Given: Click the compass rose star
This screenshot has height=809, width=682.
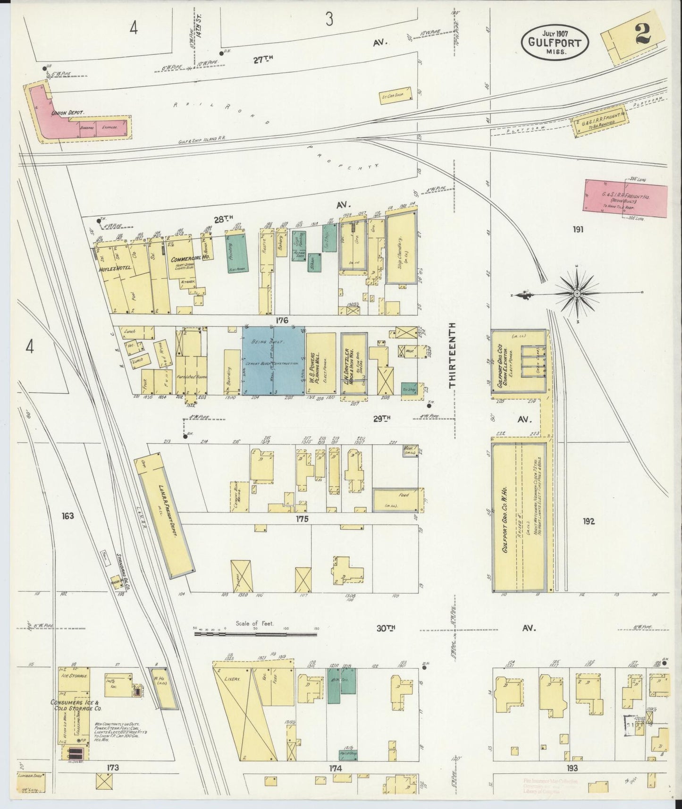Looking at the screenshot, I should [577, 294].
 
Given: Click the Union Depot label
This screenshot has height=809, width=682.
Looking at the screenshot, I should [67, 113].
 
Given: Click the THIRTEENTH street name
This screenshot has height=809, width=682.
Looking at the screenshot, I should [453, 355].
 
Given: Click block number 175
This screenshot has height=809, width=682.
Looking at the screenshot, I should [302, 519].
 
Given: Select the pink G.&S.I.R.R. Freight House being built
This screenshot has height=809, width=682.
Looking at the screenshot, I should [626, 198].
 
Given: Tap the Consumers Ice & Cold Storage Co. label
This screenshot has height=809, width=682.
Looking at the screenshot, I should [78, 705].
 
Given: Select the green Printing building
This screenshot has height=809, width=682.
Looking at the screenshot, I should [240, 252].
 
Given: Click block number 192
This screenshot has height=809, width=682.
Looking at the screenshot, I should [588, 522].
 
